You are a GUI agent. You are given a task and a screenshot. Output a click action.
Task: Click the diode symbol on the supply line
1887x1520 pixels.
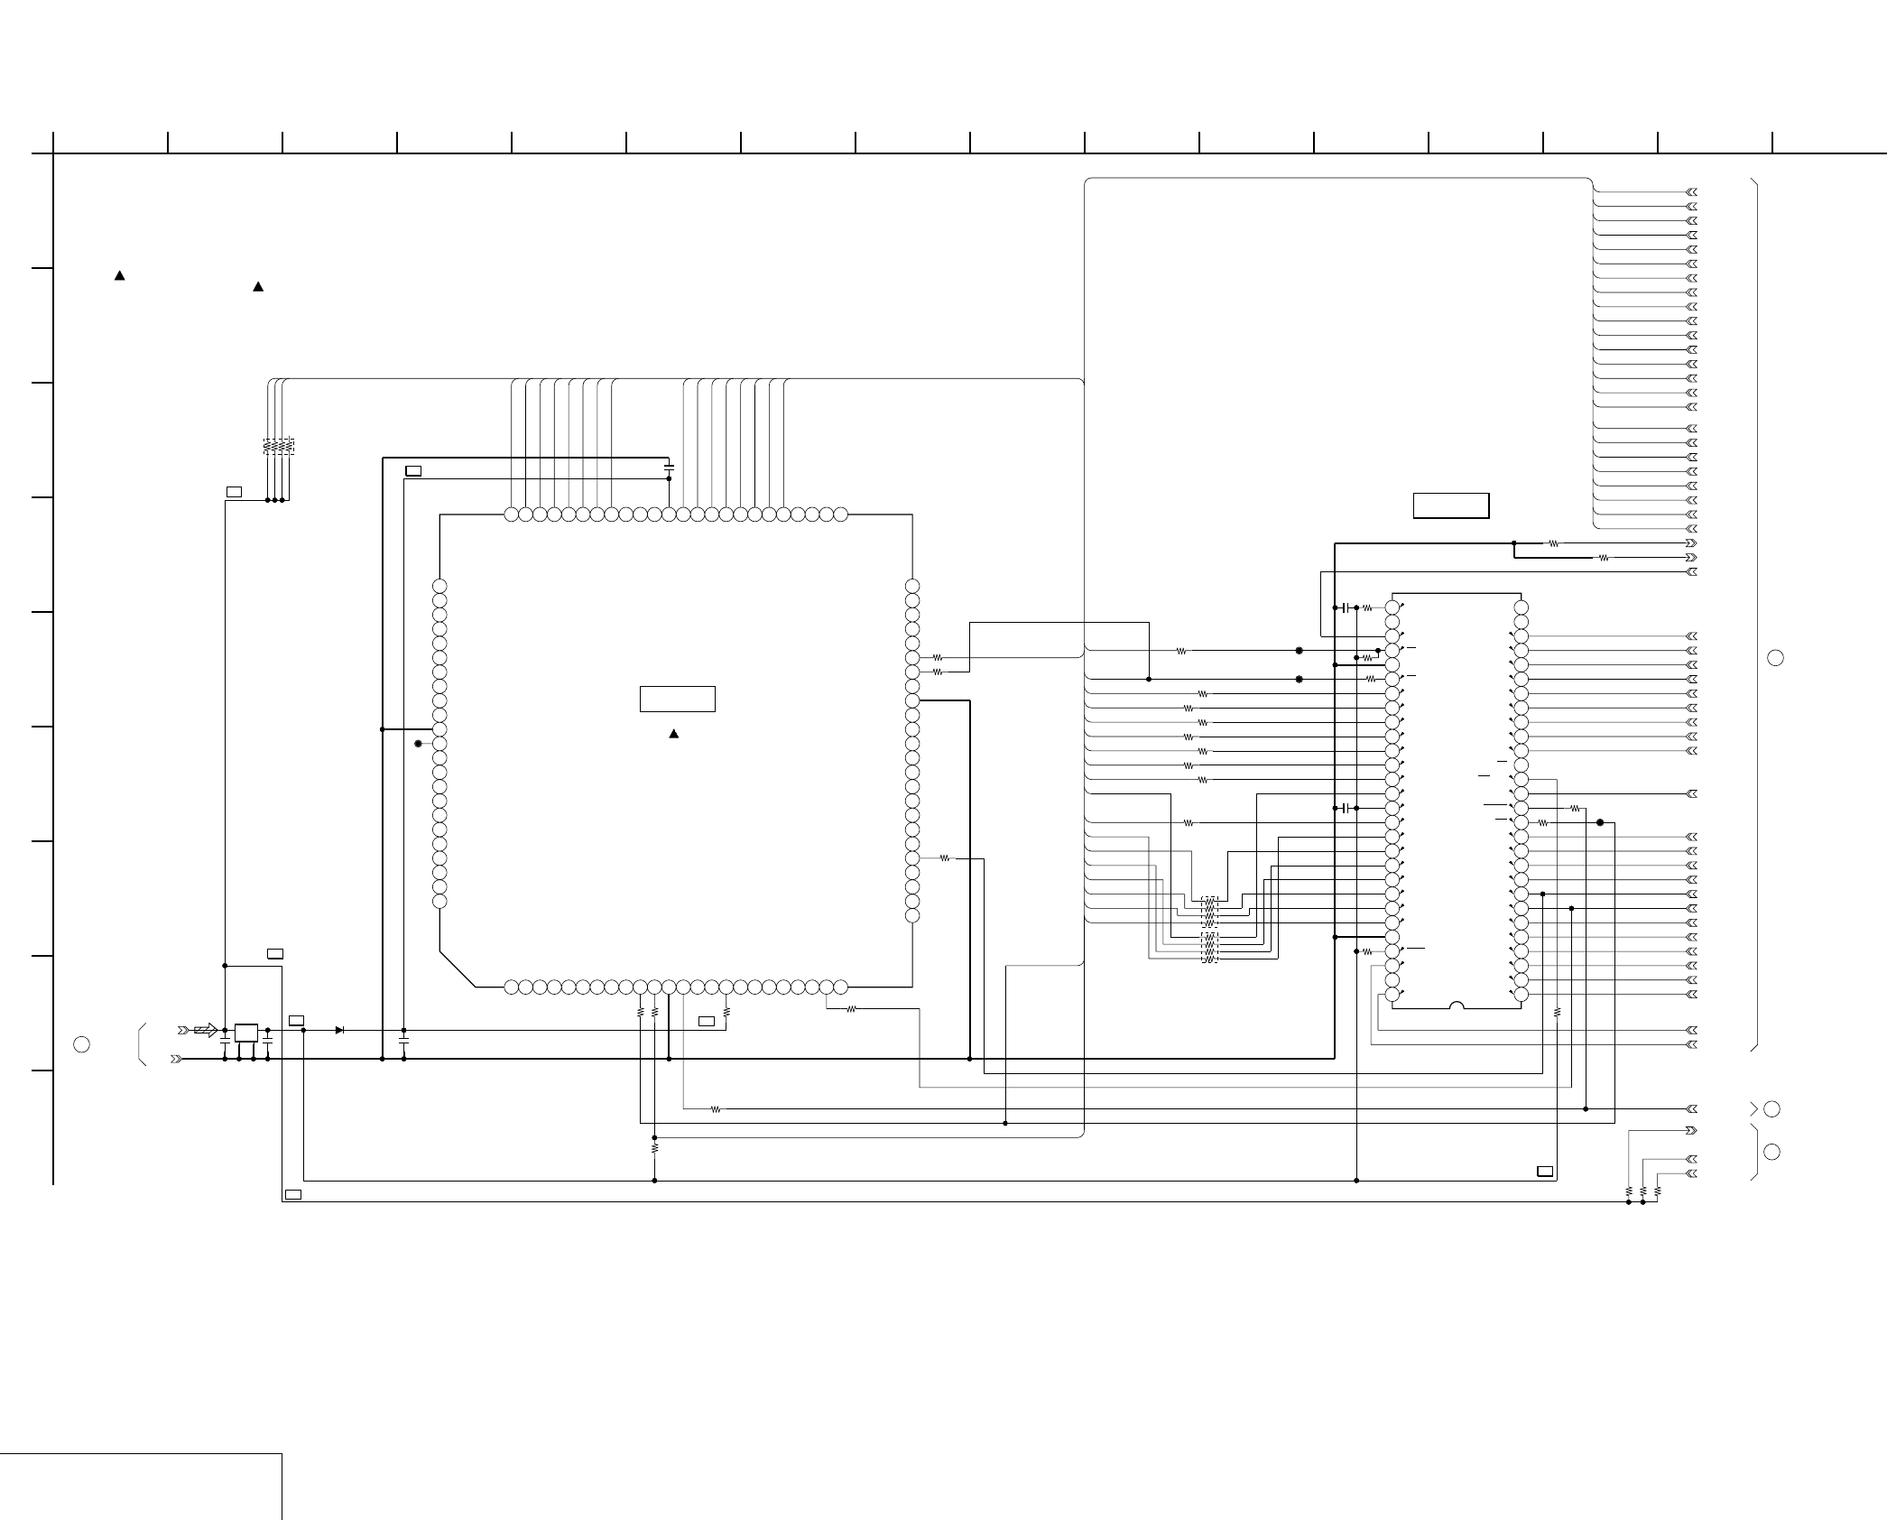click(x=339, y=1030)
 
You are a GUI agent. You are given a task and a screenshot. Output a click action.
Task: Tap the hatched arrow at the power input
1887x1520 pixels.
click(x=206, y=1030)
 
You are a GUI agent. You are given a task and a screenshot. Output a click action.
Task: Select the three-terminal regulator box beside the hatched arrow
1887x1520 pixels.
click(x=245, y=1033)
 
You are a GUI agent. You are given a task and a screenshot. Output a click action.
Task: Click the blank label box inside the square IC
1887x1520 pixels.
click(x=678, y=700)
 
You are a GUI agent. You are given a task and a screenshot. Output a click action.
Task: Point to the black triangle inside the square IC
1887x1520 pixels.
click(x=673, y=734)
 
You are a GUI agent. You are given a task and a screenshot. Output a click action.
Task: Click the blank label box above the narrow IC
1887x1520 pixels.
click(x=1451, y=505)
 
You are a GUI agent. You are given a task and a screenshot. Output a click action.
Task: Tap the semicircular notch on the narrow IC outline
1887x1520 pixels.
click(x=1457, y=1005)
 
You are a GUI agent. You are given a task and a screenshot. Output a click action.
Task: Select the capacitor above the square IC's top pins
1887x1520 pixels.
click(x=669, y=468)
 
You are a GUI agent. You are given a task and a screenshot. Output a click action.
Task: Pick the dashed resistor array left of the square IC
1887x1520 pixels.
click(x=279, y=446)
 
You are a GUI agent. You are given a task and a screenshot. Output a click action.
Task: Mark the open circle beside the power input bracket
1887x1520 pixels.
click(x=81, y=1044)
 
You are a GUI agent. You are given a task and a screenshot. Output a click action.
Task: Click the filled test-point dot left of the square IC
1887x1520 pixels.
click(x=418, y=744)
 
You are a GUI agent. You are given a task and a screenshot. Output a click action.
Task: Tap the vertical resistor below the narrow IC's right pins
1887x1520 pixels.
click(x=1558, y=1013)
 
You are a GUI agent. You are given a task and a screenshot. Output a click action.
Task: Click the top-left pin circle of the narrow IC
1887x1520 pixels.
click(x=1392, y=607)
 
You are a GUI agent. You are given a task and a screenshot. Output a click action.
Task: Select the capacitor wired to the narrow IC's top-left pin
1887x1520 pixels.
click(x=1346, y=607)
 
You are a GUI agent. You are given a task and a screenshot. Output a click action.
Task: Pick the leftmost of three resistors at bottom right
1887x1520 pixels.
click(x=1629, y=1191)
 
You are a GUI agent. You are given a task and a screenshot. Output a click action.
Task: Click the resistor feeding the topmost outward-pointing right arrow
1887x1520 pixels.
click(x=1553, y=543)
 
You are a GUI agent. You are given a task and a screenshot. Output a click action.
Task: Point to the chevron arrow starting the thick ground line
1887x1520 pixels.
click(x=176, y=1059)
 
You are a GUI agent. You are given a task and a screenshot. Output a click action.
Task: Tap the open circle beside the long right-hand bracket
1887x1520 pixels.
click(x=1775, y=658)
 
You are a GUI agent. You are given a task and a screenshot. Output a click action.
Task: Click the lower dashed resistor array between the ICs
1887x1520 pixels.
click(x=1209, y=947)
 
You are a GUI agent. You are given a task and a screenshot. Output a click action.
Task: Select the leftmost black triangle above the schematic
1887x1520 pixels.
click(x=119, y=275)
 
